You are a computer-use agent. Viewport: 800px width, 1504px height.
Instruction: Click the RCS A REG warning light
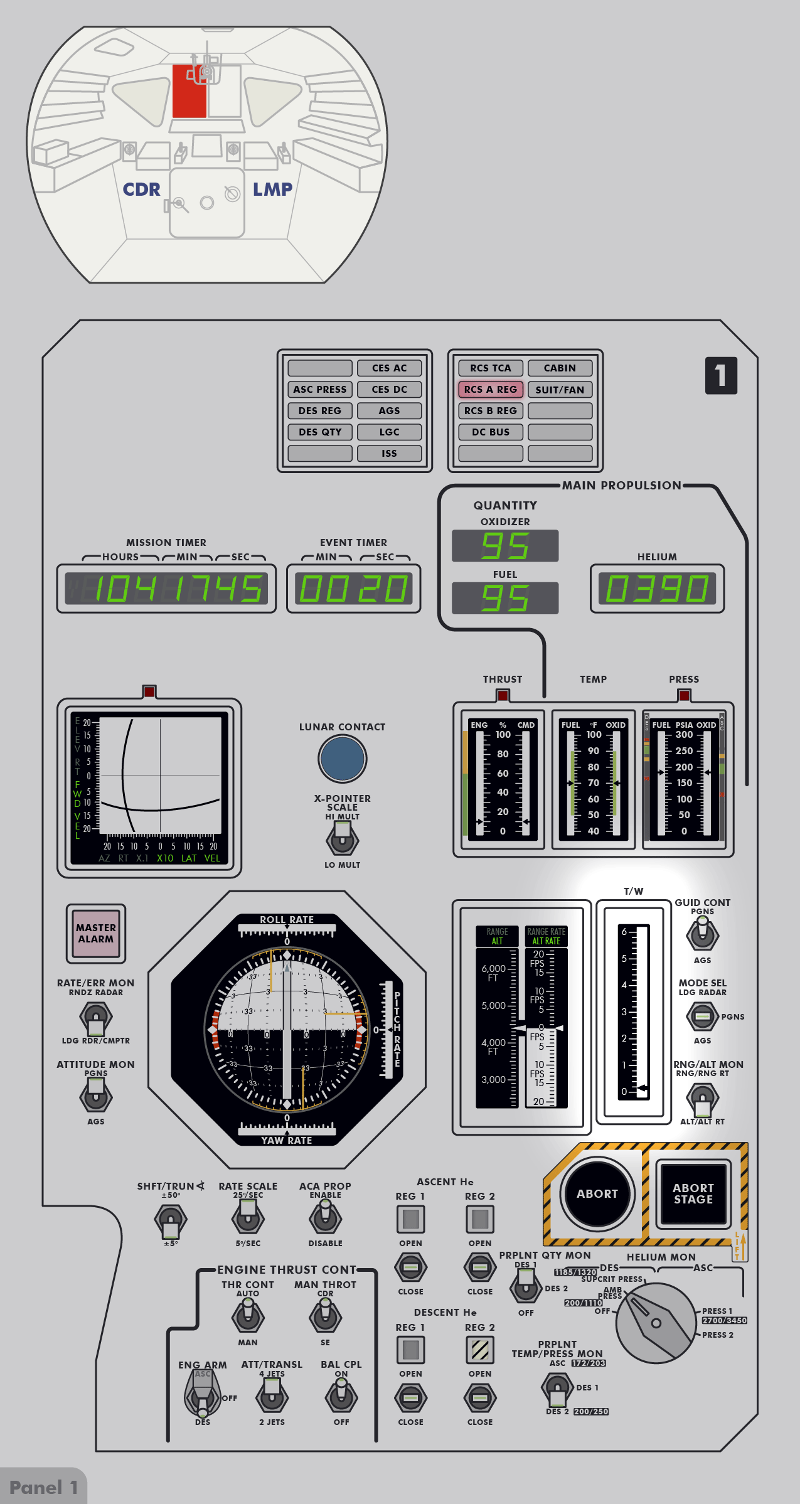(x=490, y=390)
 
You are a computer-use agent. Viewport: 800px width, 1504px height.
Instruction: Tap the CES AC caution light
(x=389, y=368)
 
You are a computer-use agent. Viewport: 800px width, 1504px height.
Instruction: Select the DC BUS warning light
(x=490, y=432)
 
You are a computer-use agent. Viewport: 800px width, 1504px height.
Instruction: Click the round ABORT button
(x=597, y=1193)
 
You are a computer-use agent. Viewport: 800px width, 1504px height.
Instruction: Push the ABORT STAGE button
(x=693, y=1193)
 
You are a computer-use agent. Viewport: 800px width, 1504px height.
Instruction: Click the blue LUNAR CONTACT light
(x=342, y=758)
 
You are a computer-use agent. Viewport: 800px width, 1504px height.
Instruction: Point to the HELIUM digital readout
(x=656, y=589)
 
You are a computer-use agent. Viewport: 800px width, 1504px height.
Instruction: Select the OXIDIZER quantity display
(x=504, y=545)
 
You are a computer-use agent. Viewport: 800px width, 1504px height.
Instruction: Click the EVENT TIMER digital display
(x=353, y=589)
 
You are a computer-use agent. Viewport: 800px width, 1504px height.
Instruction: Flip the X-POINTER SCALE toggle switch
(x=342, y=838)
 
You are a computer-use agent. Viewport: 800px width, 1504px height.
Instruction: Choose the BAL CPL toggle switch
(x=341, y=1397)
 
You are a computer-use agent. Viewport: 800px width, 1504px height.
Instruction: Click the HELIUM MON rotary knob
(x=655, y=1323)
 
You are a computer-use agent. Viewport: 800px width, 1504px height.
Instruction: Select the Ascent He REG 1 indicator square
(x=410, y=1219)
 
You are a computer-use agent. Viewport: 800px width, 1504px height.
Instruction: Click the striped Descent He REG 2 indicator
(x=479, y=1350)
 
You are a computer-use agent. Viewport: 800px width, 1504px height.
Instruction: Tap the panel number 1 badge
(x=721, y=375)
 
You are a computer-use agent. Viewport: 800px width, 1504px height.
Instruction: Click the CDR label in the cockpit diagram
(x=141, y=189)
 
